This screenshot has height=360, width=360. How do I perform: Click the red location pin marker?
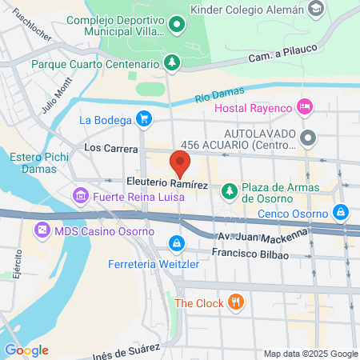(x=181, y=166)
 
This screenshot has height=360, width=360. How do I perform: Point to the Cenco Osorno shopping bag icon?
(x=342, y=213)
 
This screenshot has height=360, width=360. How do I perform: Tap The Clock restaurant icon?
(x=235, y=302)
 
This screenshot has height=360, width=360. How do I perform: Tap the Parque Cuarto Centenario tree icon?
(x=170, y=62)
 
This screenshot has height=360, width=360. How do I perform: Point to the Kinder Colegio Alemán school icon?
(x=316, y=9)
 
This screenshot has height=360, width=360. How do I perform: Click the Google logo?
(x=26, y=350)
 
